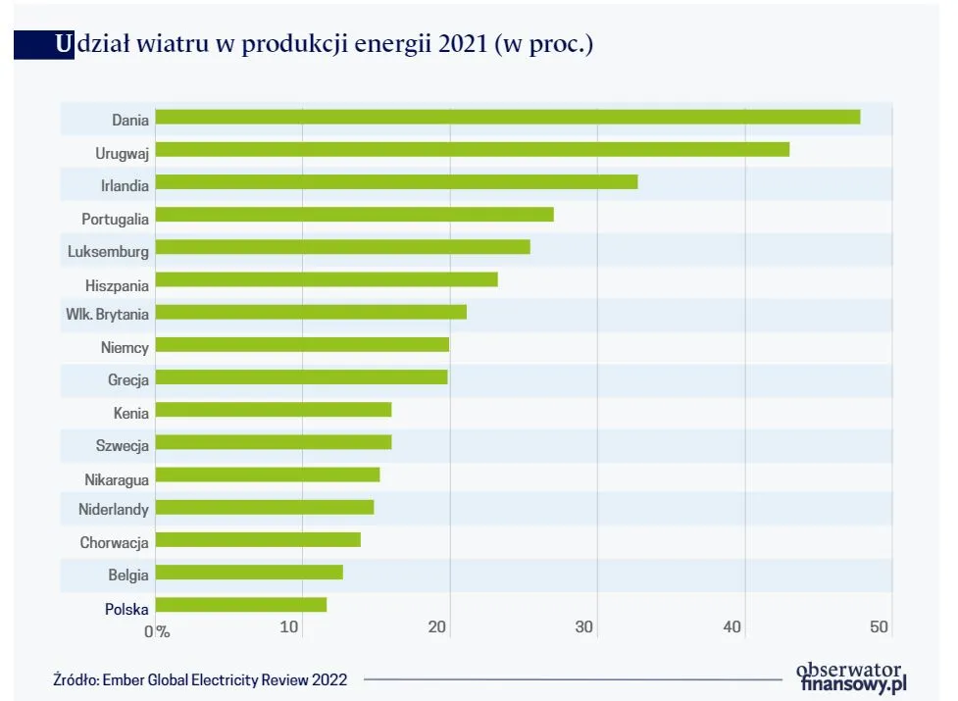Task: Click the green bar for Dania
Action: tap(507, 118)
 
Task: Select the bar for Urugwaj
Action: tap(472, 150)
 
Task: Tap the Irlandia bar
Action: tap(396, 182)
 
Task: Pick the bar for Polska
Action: tap(240, 605)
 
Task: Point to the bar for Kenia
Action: tap(273, 410)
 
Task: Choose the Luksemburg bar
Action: tap(342, 247)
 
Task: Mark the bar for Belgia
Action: tap(249, 573)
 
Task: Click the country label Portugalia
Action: tap(115, 219)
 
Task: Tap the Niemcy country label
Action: tap(125, 348)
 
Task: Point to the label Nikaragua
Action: tap(116, 478)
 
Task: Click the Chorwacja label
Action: tap(114, 543)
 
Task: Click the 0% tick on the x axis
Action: tap(157, 630)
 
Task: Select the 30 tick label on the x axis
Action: tap(584, 627)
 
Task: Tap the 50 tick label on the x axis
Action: tap(879, 627)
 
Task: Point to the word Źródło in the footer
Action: tap(76, 679)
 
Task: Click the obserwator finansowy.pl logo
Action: tap(850, 677)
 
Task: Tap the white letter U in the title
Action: tap(64, 45)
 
